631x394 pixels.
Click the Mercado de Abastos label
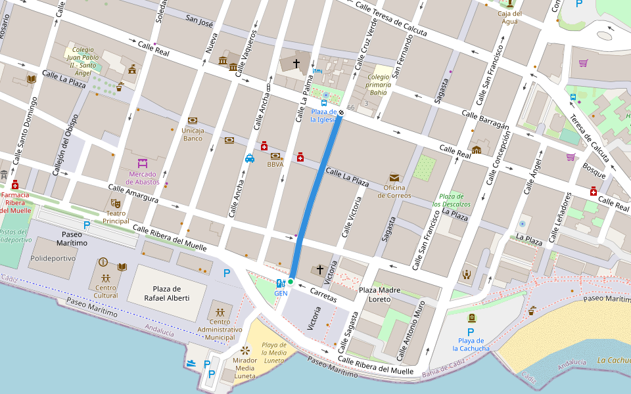click(143, 178)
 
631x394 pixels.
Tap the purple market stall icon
click(143, 162)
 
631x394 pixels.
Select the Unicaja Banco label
click(193, 135)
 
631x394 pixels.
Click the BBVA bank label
click(275, 165)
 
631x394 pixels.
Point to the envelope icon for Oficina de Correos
click(394, 177)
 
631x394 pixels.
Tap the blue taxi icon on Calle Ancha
click(250, 158)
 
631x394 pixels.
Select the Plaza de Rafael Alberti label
click(167, 294)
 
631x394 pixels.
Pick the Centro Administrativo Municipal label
click(220, 329)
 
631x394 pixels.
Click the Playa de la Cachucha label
click(471, 345)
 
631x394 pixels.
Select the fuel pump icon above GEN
click(281, 284)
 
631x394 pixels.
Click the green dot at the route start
click(291, 282)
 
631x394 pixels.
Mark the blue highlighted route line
click(316, 197)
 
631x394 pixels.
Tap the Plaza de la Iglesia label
click(323, 116)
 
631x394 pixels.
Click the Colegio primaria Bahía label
click(379, 84)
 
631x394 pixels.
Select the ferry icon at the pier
click(191, 363)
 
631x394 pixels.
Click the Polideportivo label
click(53, 259)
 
